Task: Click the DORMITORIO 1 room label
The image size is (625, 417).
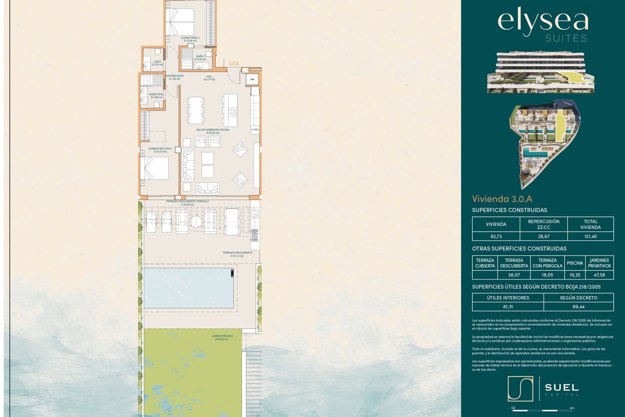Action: click(190, 38)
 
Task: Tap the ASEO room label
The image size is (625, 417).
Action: click(157, 62)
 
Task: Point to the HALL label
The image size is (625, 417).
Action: click(209, 77)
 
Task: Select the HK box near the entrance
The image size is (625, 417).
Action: click(252, 79)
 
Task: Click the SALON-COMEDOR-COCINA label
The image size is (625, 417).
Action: click(213, 130)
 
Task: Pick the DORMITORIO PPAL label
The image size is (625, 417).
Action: click(160, 149)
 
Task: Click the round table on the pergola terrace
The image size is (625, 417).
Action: click(196, 222)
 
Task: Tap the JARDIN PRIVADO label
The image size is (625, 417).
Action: click(223, 336)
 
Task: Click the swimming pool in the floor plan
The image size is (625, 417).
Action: click(188, 288)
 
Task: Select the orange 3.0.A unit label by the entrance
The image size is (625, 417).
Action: click(234, 64)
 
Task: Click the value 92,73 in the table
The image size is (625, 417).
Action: click(496, 237)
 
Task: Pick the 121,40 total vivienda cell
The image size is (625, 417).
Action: click(590, 237)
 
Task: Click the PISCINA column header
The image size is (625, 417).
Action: click(575, 263)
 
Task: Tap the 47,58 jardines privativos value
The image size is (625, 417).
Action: click(599, 275)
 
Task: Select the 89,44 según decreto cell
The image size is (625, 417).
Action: click(578, 307)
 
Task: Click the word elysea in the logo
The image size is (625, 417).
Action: click(543, 22)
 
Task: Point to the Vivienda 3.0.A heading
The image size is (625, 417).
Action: click(502, 199)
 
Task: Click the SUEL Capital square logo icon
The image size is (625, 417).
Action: click(520, 389)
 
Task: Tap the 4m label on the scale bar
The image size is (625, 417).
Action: click(572, 408)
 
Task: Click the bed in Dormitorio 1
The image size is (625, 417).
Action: click(180, 22)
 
